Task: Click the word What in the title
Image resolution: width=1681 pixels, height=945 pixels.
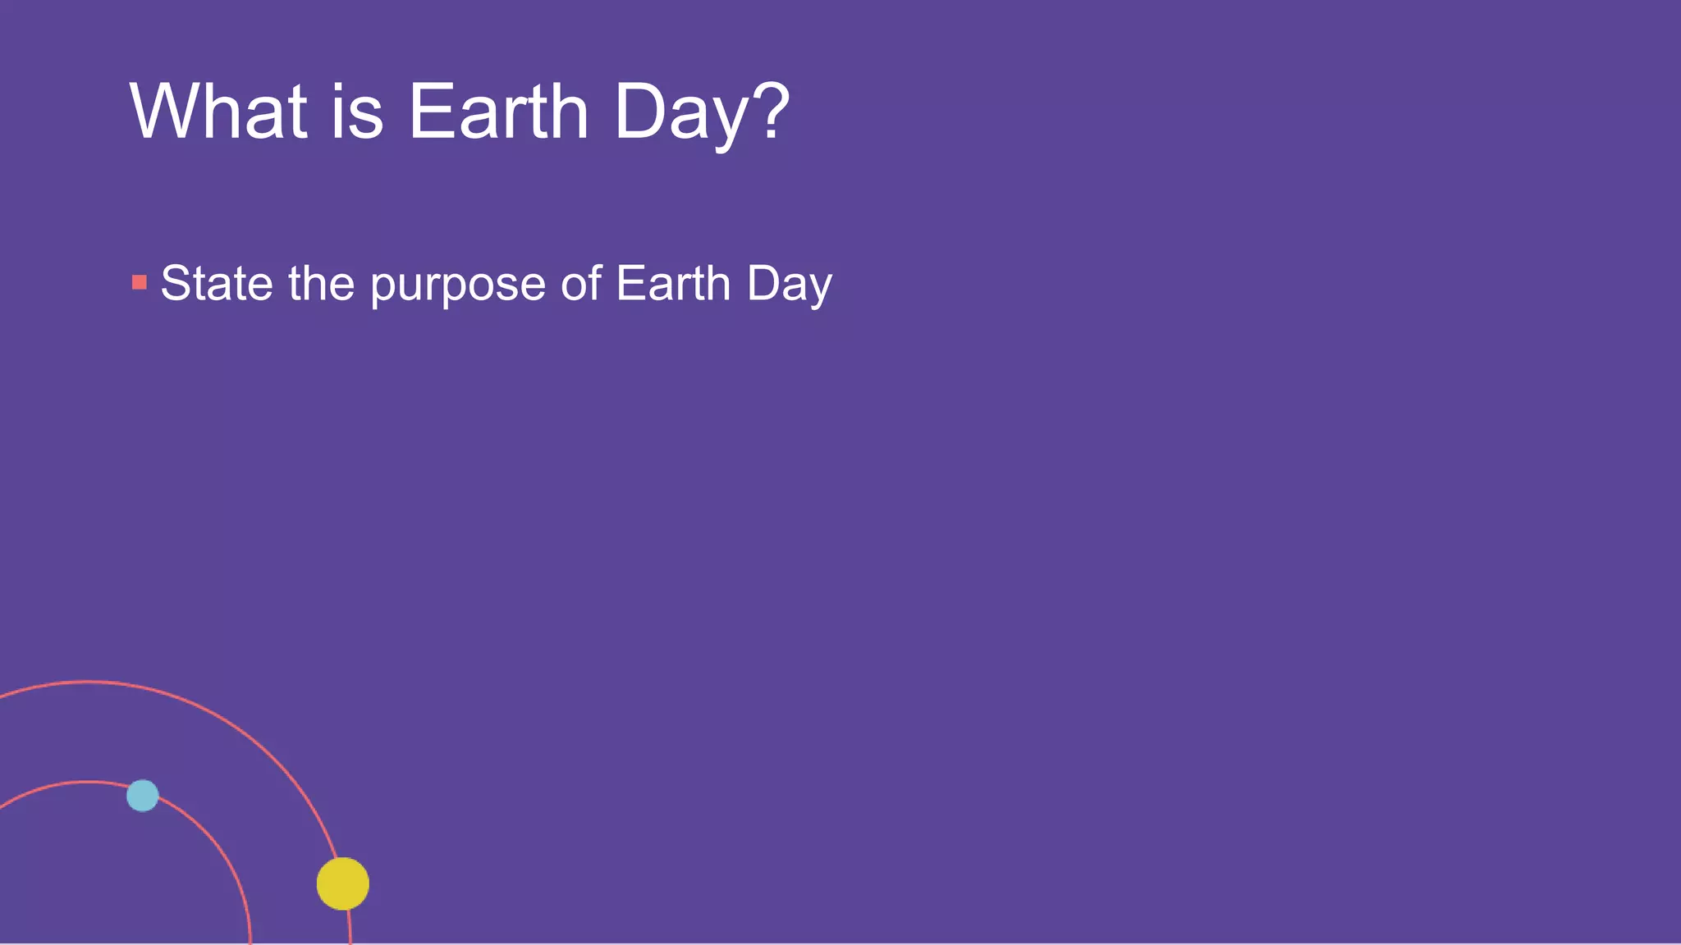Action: tap(218, 112)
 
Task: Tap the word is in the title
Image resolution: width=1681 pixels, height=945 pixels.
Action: tap(358, 112)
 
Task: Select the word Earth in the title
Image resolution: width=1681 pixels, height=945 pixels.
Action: tap(498, 112)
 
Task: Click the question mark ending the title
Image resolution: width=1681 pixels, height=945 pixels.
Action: tap(772, 110)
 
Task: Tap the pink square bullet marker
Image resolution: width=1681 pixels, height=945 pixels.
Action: tap(140, 283)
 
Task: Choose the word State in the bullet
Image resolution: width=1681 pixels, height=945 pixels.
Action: tap(217, 284)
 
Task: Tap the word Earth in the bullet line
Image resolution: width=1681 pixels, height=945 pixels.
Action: tap(673, 284)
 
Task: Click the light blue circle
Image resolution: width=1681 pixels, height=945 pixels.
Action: tap(143, 796)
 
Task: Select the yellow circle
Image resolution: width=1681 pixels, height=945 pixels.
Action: tap(343, 883)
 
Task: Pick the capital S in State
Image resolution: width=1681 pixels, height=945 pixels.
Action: tap(176, 284)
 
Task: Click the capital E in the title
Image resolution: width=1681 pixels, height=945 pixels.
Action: tap(428, 112)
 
